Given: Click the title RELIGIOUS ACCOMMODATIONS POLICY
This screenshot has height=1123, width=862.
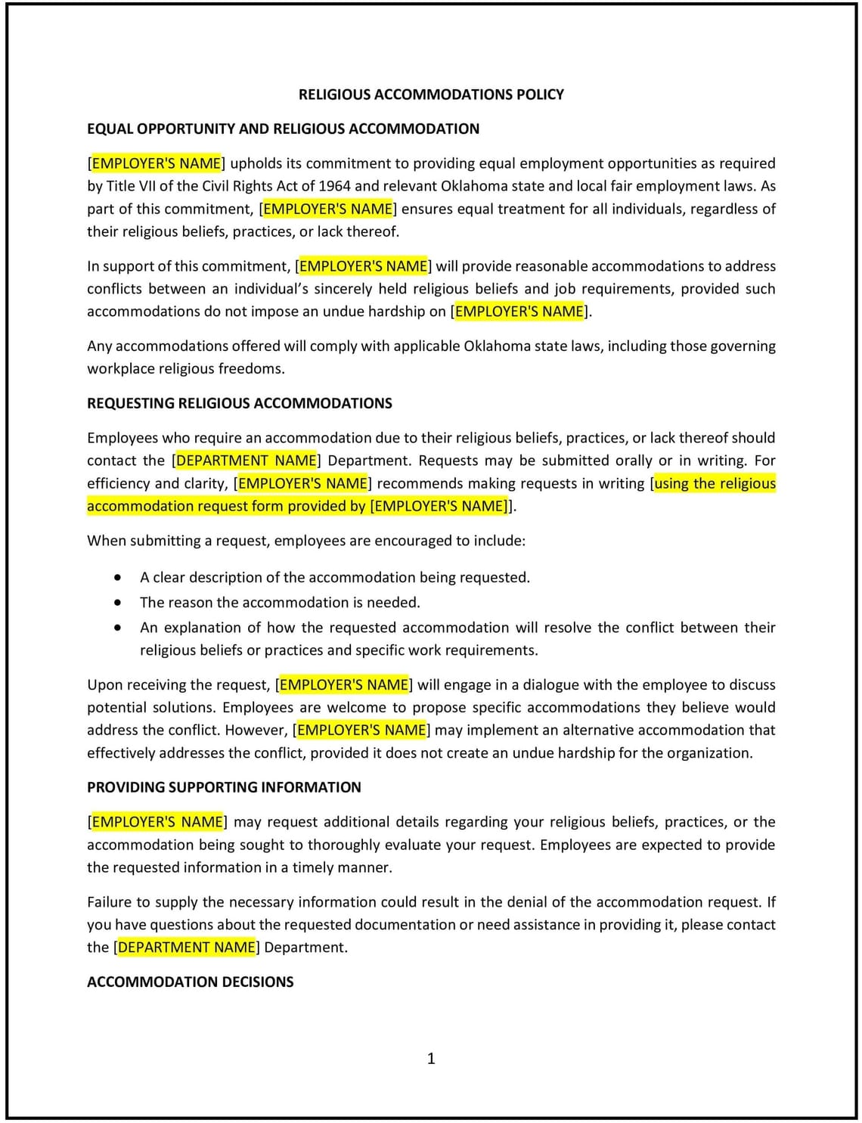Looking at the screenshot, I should click(x=431, y=95).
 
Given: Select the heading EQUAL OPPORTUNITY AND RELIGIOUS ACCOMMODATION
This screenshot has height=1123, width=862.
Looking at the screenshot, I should click(x=283, y=129).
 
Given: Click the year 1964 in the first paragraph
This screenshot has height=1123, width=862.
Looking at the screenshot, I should click(x=334, y=186).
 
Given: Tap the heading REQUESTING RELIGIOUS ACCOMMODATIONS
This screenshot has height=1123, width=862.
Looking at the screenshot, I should click(x=239, y=403).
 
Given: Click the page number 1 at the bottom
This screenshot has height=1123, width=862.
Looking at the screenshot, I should click(x=431, y=1058).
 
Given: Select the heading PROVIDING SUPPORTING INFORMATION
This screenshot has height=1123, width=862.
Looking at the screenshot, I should click(x=224, y=787).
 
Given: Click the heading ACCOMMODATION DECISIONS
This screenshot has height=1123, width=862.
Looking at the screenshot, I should click(x=190, y=982).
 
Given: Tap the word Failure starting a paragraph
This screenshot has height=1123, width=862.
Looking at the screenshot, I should click(x=110, y=901).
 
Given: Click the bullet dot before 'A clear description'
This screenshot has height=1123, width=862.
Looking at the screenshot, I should click(x=117, y=578).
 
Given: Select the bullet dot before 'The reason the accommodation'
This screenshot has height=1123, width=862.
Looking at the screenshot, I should click(x=117, y=603).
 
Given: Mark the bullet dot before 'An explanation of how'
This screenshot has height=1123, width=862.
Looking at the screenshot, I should click(x=117, y=628).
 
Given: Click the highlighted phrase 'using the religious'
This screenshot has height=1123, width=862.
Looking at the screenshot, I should click(x=715, y=483).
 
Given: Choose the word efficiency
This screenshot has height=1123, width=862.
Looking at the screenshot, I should click(x=119, y=483).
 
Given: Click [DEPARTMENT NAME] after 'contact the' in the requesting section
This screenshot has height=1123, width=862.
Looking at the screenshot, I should click(x=247, y=461).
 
